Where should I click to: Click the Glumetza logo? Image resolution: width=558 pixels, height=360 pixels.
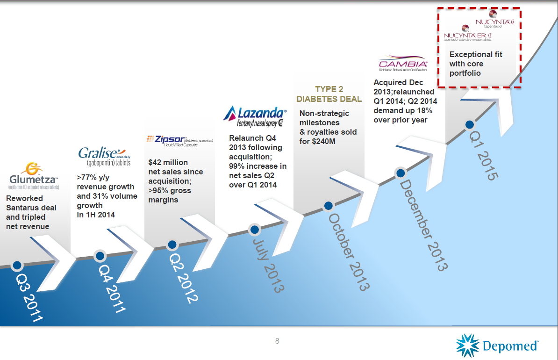[33, 175]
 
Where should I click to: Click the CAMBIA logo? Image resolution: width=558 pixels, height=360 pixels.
[403, 65]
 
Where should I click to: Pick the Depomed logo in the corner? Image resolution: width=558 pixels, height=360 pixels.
[497, 345]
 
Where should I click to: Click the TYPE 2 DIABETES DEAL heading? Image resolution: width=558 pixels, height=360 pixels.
[329, 94]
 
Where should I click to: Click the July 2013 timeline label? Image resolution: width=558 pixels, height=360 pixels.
[268, 265]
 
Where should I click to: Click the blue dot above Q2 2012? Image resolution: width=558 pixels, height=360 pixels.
[172, 245]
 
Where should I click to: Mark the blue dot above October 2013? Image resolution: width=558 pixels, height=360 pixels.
[329, 205]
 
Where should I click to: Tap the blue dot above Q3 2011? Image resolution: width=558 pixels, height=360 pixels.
[17, 265]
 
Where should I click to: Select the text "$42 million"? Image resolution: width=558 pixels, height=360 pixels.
[168, 163]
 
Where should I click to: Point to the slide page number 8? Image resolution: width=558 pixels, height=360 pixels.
[277, 341]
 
